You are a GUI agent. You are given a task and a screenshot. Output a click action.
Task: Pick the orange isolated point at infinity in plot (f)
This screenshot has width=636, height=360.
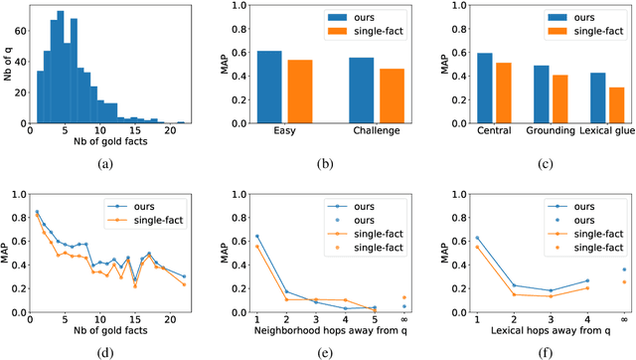pyautogui.click(x=623, y=281)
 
